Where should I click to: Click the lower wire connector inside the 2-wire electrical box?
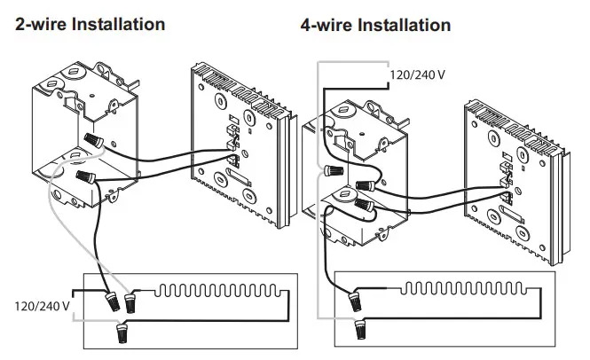[x=87, y=177]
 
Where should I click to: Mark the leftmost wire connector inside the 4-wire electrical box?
[x=334, y=169]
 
